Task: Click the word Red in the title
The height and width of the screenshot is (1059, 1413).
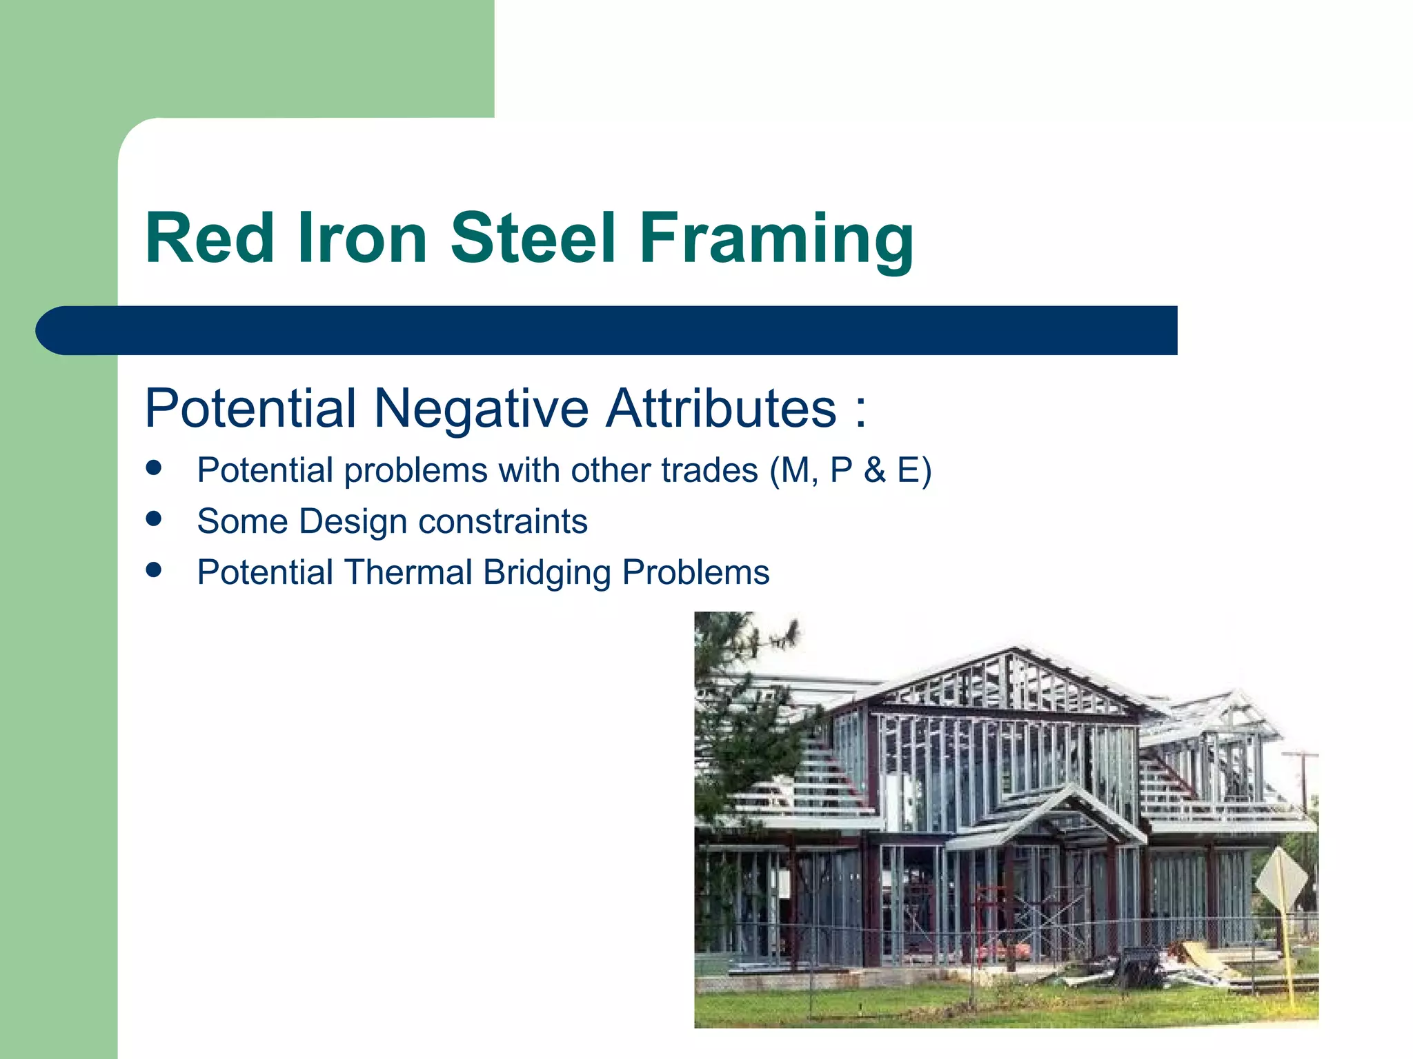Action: pyautogui.click(x=210, y=238)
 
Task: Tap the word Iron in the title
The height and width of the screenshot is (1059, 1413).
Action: pyautogui.click(x=362, y=238)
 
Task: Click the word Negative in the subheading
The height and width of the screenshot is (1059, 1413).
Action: pyautogui.click(x=481, y=408)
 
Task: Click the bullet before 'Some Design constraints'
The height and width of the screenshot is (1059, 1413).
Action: pyautogui.click(x=154, y=519)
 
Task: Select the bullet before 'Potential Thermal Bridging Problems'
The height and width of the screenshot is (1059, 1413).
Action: pyautogui.click(x=154, y=570)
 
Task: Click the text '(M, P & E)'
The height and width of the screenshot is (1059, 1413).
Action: pyautogui.click(x=850, y=471)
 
